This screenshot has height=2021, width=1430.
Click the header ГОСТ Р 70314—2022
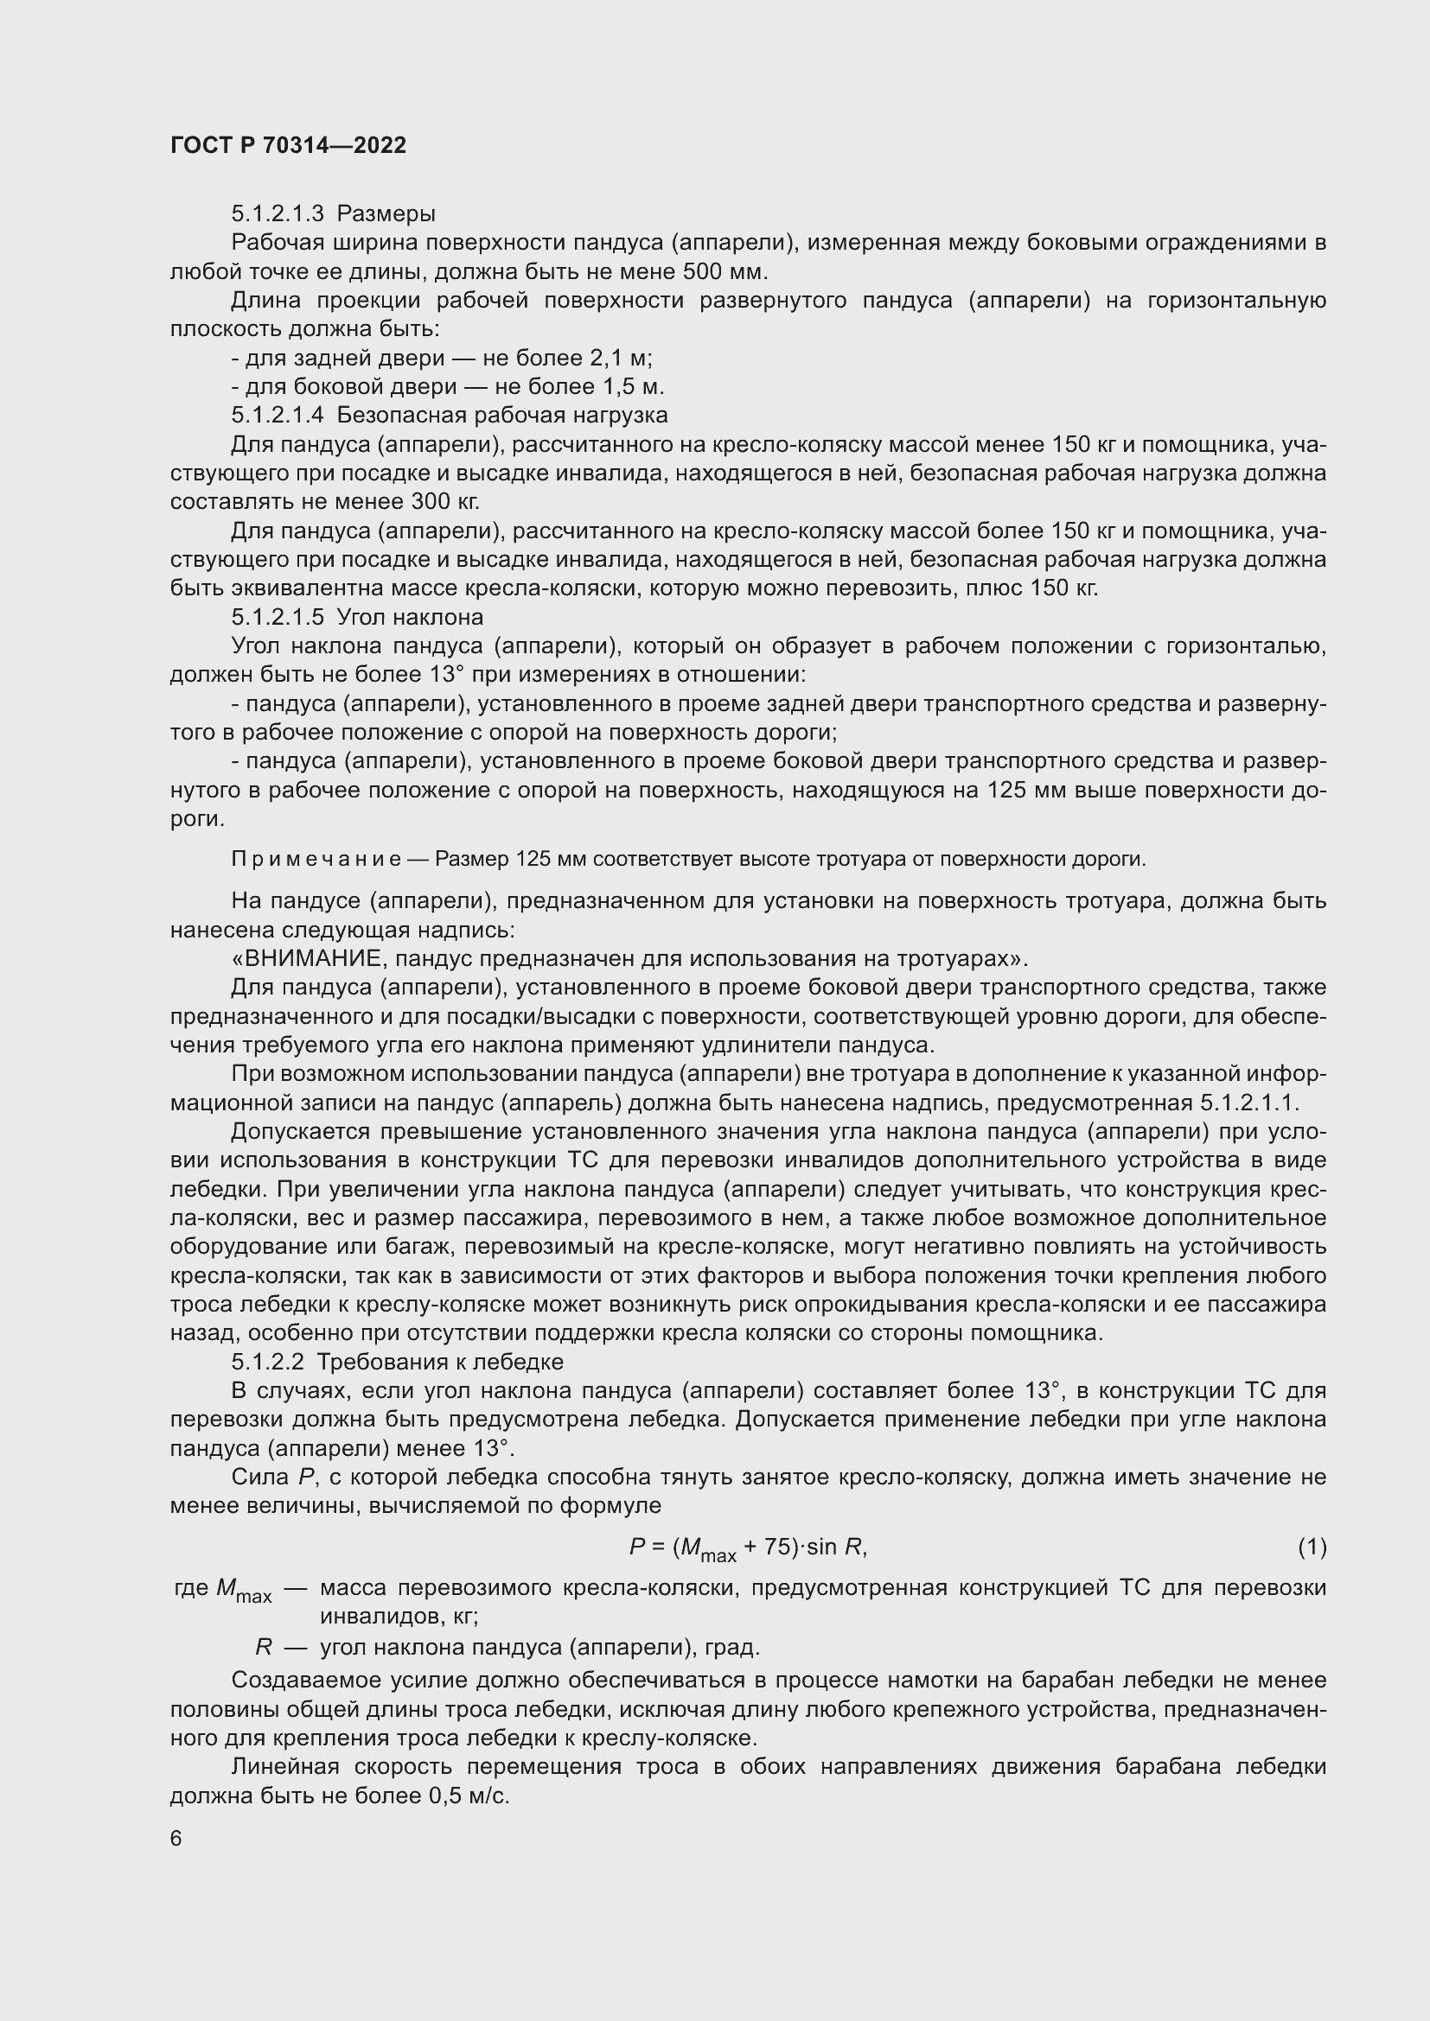point(288,145)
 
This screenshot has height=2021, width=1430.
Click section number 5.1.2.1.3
point(278,214)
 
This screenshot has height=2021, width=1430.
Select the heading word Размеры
point(386,214)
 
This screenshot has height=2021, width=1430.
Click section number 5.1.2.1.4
point(278,415)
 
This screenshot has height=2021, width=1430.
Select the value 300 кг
point(444,502)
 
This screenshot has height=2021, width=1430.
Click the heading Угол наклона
point(411,617)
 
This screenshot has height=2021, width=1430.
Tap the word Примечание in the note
point(316,859)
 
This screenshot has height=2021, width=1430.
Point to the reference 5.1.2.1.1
point(1248,1103)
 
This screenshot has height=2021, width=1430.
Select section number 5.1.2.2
point(268,1363)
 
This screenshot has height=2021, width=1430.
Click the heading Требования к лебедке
point(439,1363)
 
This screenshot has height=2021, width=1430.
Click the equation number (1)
point(1312,1547)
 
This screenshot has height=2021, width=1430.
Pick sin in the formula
point(821,1547)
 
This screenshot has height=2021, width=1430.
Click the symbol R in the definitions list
point(263,1647)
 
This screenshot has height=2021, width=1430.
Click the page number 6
point(176,1839)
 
